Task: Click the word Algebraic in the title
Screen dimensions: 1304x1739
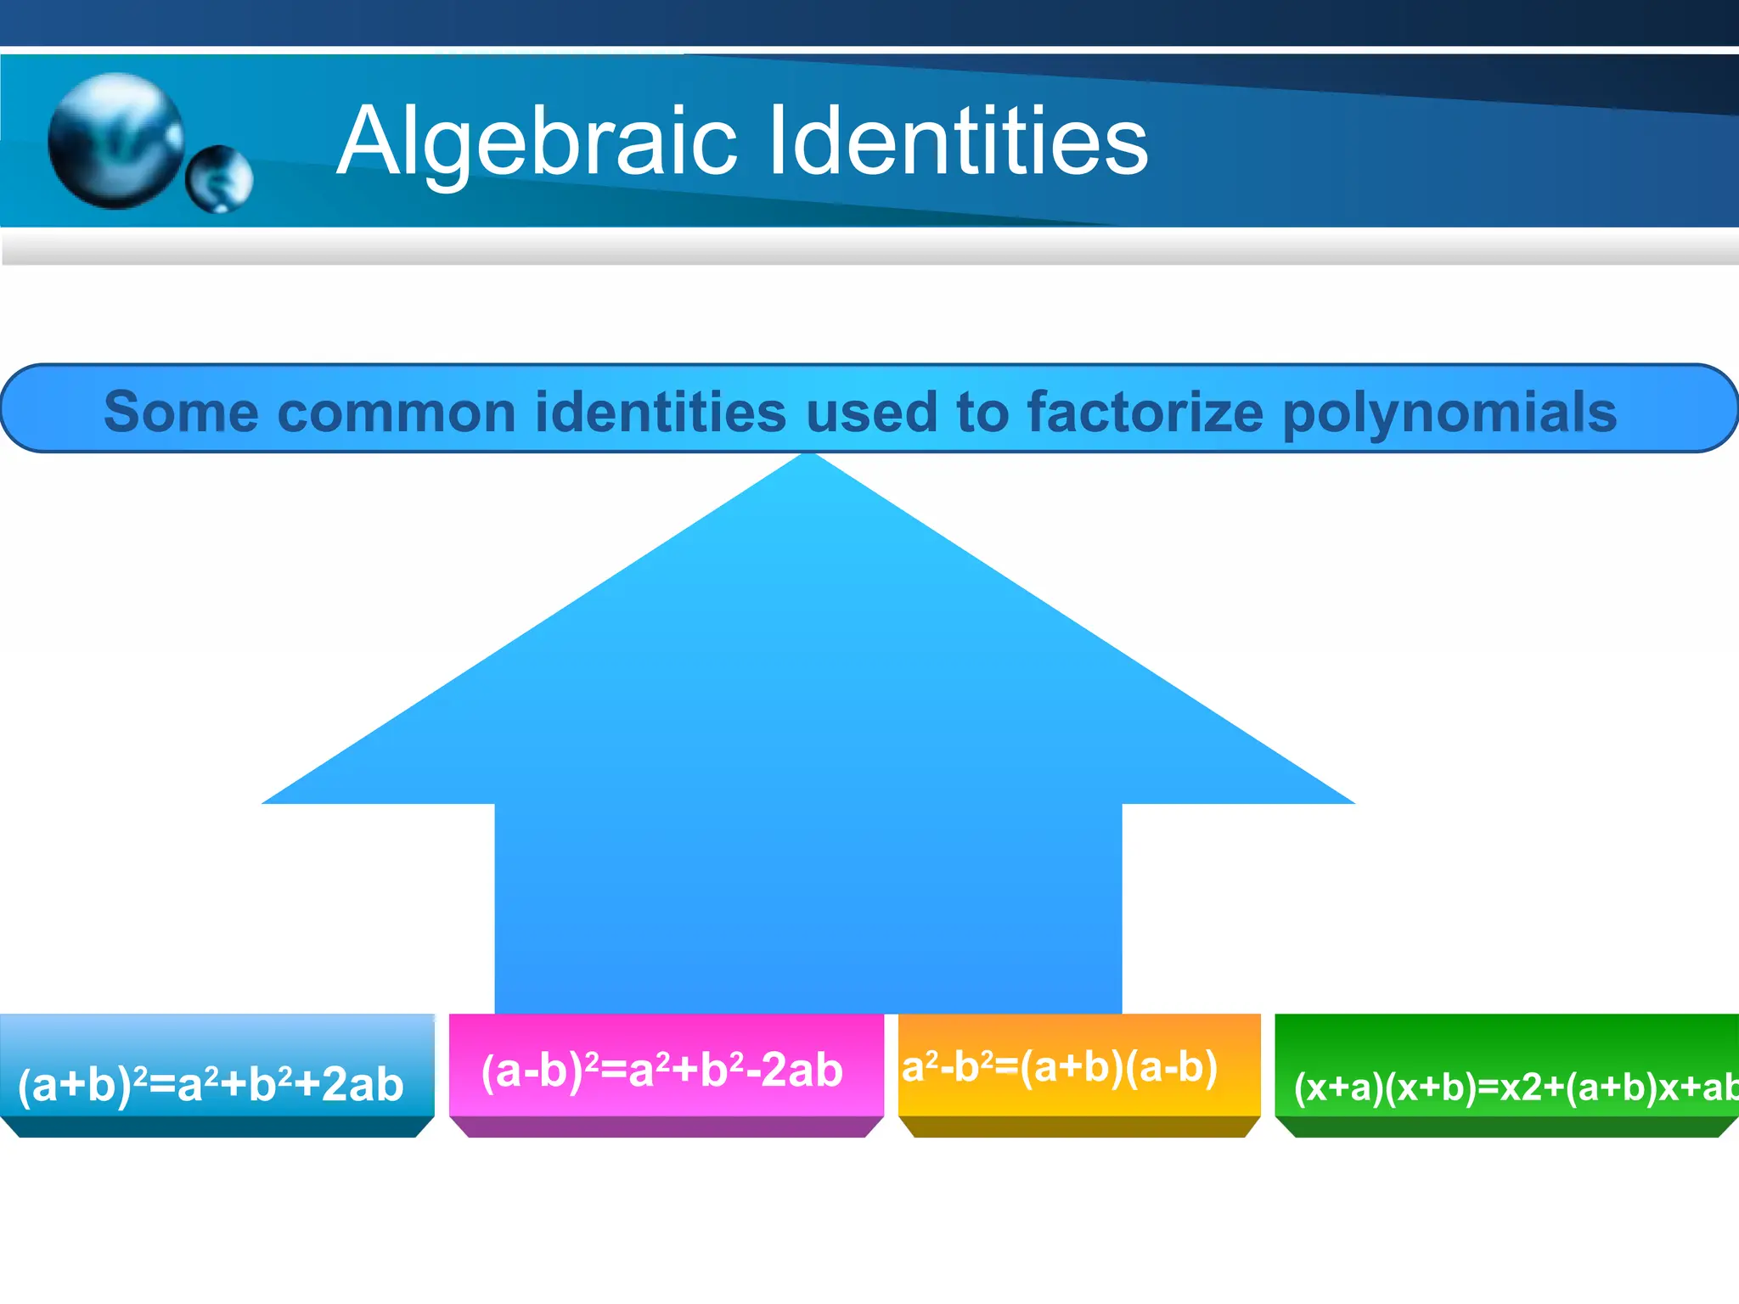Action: coord(537,141)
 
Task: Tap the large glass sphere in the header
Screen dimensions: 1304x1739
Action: coord(115,140)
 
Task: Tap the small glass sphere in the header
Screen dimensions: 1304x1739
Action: coord(219,178)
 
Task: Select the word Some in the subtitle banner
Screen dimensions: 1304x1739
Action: coord(181,412)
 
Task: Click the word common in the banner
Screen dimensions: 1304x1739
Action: coord(397,412)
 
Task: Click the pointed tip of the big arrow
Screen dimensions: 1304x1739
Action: coord(808,458)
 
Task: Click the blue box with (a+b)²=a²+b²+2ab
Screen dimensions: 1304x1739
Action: coord(217,1074)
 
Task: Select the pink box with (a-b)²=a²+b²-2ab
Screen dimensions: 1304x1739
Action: coord(666,1074)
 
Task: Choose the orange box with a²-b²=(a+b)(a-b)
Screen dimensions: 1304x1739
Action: coord(1079,1074)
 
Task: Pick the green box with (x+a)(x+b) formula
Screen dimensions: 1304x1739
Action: coord(1508,1074)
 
